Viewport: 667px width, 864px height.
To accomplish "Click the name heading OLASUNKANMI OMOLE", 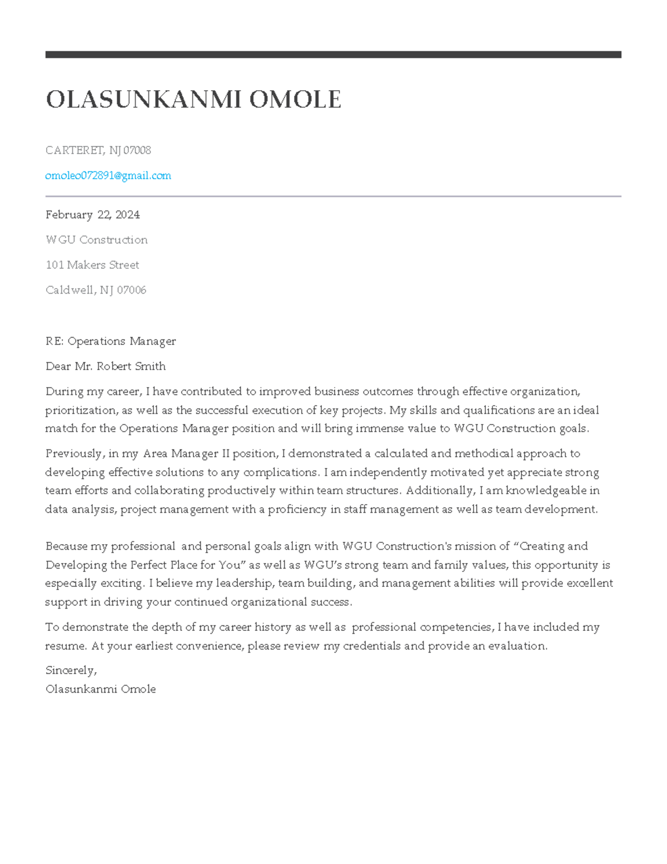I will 193,100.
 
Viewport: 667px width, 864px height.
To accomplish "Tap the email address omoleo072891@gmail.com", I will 108,176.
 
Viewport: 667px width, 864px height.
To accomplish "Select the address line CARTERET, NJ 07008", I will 98,150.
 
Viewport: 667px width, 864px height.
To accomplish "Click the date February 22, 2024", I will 92,215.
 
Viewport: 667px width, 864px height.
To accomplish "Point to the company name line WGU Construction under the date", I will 96,240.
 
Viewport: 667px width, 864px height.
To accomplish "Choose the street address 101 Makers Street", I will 92,265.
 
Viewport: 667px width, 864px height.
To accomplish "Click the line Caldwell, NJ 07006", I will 96,290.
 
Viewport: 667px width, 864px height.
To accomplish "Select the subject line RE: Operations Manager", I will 111,341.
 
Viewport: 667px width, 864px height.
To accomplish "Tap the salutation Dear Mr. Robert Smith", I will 105,366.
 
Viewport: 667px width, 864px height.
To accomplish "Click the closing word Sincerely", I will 71,670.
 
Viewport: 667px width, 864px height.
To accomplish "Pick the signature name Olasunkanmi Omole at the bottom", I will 100,689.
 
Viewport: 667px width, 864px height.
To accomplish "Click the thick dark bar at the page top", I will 333,55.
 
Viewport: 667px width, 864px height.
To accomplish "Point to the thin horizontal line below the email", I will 333,196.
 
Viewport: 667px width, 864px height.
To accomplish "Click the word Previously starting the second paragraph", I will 74,454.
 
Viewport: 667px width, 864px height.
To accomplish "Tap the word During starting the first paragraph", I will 64,392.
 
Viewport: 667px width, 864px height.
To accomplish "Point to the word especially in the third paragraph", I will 71,584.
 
